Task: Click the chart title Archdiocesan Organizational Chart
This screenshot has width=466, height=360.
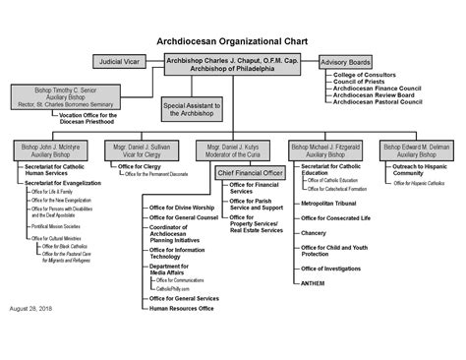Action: [232, 43]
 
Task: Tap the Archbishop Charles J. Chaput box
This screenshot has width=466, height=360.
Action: [232, 65]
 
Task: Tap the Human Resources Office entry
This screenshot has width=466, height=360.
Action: [181, 309]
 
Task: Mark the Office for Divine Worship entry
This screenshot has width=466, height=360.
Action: [183, 208]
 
